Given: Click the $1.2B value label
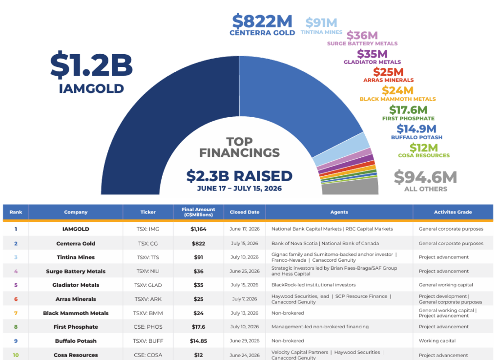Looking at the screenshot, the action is (x=91, y=65).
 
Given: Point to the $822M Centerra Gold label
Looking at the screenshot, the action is (x=262, y=24).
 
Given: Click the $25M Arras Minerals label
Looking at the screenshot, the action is (x=388, y=75).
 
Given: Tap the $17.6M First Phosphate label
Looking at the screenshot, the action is (x=408, y=113).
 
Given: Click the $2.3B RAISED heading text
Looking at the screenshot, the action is (x=239, y=176).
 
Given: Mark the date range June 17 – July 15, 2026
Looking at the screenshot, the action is (x=239, y=189).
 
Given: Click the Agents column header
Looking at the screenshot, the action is (x=339, y=212).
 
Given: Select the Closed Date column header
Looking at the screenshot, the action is (x=245, y=212).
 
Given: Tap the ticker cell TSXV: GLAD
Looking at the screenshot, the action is (x=148, y=285).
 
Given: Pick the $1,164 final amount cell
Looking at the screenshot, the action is (x=198, y=229).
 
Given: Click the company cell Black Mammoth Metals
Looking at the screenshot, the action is (x=76, y=313).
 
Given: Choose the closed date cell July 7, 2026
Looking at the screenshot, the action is (x=245, y=299).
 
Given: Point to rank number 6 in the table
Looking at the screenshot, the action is (x=16, y=299).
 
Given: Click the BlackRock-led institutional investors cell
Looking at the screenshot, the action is (x=313, y=285).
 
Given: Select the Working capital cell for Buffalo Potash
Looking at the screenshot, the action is (x=437, y=341).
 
